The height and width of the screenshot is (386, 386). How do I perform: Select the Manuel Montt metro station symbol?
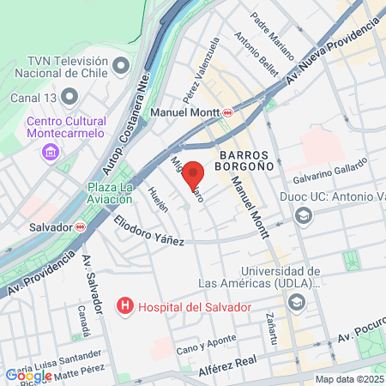(x=228, y=112)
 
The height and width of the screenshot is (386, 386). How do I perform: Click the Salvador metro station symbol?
(x=80, y=227)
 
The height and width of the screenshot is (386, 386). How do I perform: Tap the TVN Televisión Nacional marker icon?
(x=121, y=65)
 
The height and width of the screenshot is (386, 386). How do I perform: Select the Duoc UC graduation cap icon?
(x=302, y=215)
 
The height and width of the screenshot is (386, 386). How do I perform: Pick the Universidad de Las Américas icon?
(x=297, y=301)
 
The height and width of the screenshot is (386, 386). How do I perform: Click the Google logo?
(x=28, y=375)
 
